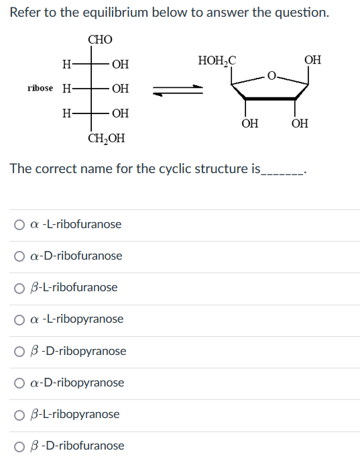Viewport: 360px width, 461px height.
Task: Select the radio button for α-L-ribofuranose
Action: (x=19, y=225)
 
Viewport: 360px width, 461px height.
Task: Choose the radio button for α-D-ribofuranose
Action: (x=19, y=256)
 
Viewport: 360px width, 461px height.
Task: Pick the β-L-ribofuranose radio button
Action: (x=19, y=288)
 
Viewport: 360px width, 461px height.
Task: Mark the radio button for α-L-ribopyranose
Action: (x=19, y=319)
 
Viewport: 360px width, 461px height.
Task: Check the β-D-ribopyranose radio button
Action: (x=19, y=352)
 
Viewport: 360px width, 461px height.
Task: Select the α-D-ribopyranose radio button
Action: (x=19, y=383)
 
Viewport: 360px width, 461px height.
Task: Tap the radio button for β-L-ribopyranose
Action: (x=19, y=415)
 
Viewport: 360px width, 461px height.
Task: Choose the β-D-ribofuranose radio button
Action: (x=19, y=446)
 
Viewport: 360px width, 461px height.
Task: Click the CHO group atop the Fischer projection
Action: (x=100, y=40)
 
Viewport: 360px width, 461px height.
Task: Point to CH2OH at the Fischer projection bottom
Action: (x=107, y=138)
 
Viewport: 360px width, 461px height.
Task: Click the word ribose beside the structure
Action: (x=40, y=88)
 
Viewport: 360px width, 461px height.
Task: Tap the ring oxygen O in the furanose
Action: (x=272, y=76)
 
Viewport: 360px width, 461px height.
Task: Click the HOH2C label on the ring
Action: (x=217, y=60)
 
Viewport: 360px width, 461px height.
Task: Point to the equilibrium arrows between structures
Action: (x=178, y=90)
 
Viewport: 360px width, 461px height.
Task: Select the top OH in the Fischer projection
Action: (x=121, y=64)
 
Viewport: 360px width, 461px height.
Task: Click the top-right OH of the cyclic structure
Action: (x=312, y=60)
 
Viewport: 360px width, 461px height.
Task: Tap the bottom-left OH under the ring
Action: (x=250, y=123)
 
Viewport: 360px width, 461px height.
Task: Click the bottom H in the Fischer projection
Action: (x=66, y=113)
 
